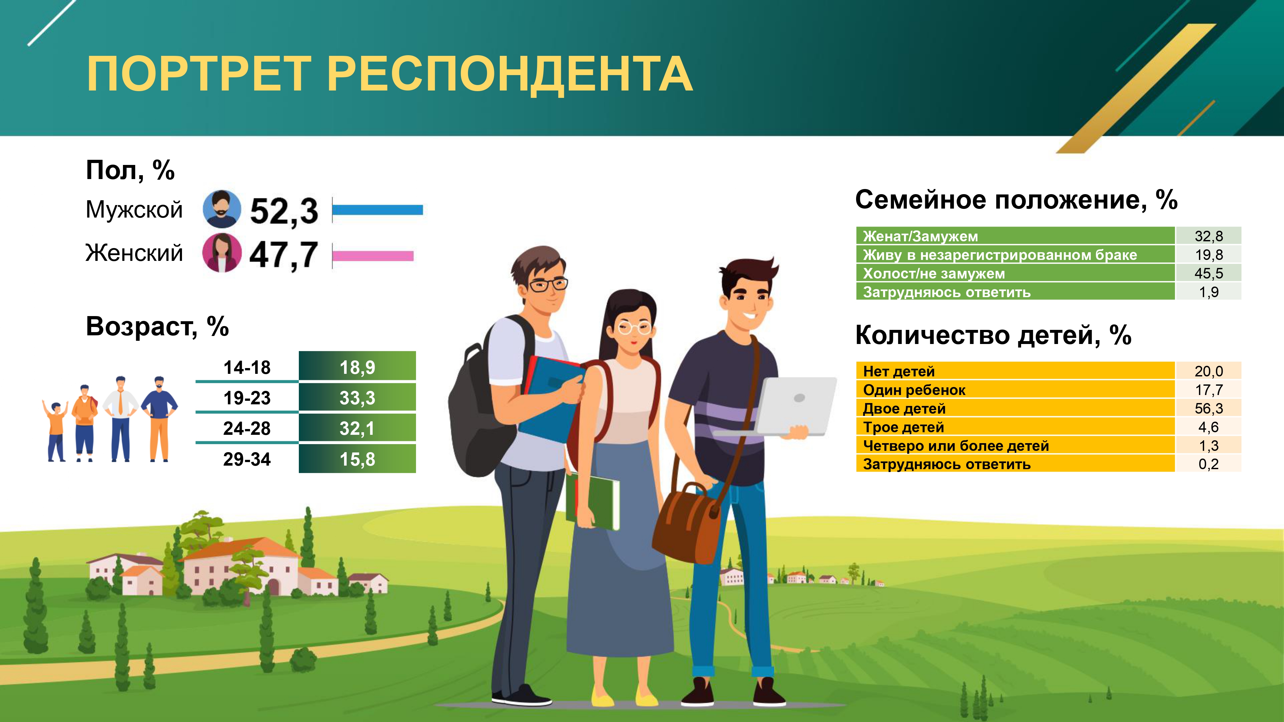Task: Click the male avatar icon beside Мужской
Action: click(x=222, y=209)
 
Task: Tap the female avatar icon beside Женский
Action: click(x=222, y=253)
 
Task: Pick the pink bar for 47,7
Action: click(x=373, y=256)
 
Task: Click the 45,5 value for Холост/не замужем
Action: click(x=1209, y=273)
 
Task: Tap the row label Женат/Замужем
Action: click(x=920, y=236)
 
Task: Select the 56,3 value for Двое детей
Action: click(x=1209, y=408)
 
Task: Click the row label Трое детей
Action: click(x=904, y=427)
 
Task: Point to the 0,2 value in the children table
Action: click(x=1209, y=464)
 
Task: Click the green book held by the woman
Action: click(x=593, y=501)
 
